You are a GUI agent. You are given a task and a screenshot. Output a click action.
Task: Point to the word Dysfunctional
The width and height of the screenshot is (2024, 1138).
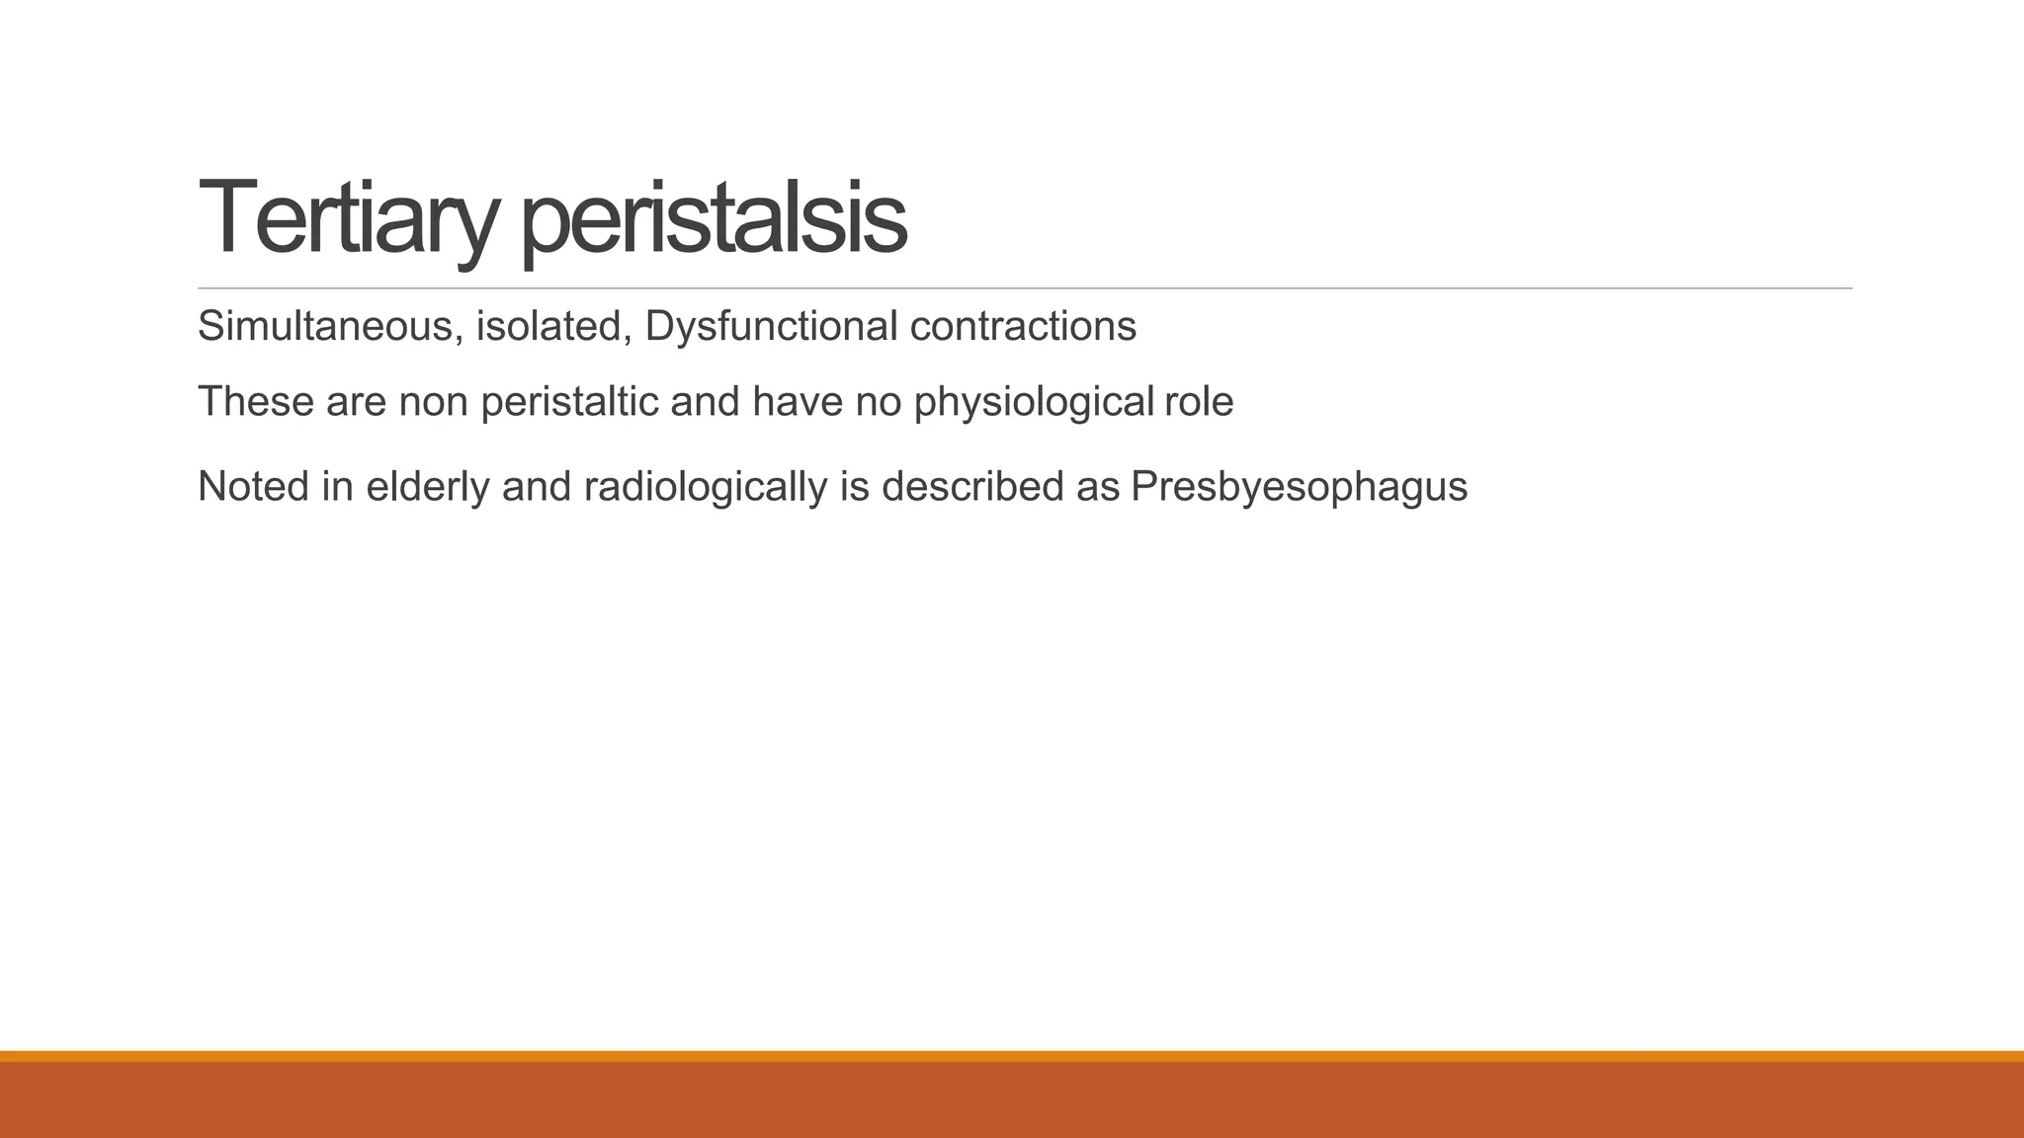click(x=771, y=326)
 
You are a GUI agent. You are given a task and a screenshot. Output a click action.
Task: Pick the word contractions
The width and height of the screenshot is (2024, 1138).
click(x=1023, y=326)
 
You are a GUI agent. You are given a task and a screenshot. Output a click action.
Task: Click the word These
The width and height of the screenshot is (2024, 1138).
click(x=255, y=402)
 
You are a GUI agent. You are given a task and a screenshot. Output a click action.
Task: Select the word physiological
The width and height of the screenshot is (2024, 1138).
click(x=1033, y=402)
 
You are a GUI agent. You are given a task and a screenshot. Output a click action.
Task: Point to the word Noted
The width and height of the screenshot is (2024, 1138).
click(x=253, y=487)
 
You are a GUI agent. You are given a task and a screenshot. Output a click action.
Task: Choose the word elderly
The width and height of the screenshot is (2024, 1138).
click(x=427, y=487)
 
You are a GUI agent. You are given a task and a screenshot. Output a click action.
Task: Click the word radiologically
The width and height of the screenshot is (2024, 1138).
click(x=705, y=487)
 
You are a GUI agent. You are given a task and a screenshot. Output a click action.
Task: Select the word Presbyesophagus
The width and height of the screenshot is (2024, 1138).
click(x=1299, y=487)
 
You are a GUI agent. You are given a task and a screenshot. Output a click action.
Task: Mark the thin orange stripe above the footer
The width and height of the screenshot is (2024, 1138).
click(x=1012, y=1056)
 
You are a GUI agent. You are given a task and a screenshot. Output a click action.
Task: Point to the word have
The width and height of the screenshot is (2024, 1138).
click(x=798, y=402)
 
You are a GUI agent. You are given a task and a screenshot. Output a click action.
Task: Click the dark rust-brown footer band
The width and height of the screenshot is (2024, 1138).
click(x=1012, y=1100)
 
